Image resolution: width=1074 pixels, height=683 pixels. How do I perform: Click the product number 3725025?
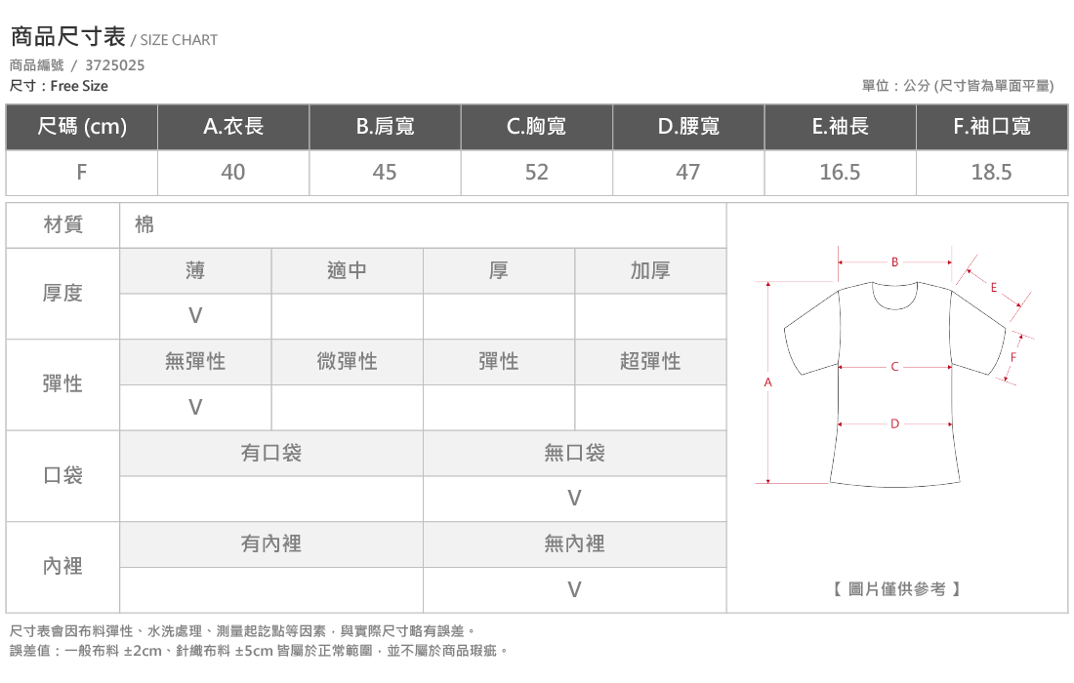tap(114, 65)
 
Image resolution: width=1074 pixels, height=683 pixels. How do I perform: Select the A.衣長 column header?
tap(233, 126)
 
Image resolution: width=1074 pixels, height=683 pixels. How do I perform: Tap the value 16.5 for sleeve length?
tap(840, 172)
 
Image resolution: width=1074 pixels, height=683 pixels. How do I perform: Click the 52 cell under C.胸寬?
tap(536, 172)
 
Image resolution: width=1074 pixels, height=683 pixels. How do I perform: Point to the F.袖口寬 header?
tap(992, 126)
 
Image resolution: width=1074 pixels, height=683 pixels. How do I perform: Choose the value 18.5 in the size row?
tap(991, 172)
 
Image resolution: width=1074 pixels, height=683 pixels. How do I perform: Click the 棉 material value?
tap(145, 224)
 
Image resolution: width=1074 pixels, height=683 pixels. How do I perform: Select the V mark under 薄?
tap(195, 315)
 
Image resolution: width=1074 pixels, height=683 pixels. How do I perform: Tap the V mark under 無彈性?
tap(195, 407)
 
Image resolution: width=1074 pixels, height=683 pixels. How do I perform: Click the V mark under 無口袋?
tap(574, 499)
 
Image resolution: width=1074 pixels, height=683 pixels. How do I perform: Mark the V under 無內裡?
tap(574, 589)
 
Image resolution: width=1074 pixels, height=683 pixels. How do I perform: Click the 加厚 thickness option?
tap(650, 270)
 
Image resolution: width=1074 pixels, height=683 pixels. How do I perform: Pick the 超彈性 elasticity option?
tap(650, 361)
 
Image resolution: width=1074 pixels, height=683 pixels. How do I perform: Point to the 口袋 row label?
tap(63, 475)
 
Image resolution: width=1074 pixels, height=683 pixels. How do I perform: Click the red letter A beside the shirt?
tap(767, 382)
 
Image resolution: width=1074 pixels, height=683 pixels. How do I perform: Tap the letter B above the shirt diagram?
tap(894, 262)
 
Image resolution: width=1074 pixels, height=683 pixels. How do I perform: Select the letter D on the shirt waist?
tap(894, 423)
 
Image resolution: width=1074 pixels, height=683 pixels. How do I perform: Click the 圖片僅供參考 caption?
tap(896, 588)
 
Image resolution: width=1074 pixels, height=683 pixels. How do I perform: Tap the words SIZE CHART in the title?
tap(179, 40)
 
